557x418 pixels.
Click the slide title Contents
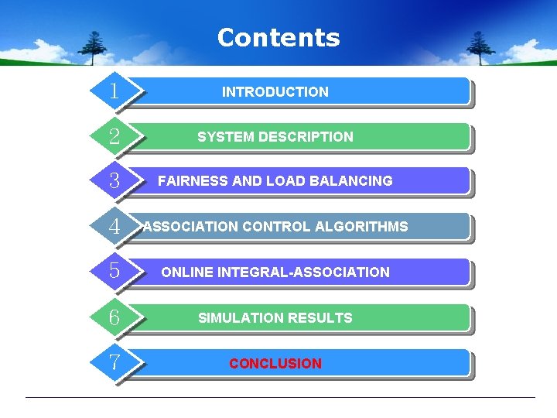tap(278, 37)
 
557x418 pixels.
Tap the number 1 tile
tap(114, 91)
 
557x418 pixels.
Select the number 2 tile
tap(114, 137)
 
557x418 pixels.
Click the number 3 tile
tap(114, 182)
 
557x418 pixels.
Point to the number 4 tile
tap(114, 228)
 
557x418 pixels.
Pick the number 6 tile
tap(114, 318)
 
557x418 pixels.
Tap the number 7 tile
tap(114, 363)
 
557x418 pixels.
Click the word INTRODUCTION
tap(275, 92)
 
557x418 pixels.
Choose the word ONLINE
tap(187, 272)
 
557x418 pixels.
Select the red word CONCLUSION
tap(275, 364)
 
